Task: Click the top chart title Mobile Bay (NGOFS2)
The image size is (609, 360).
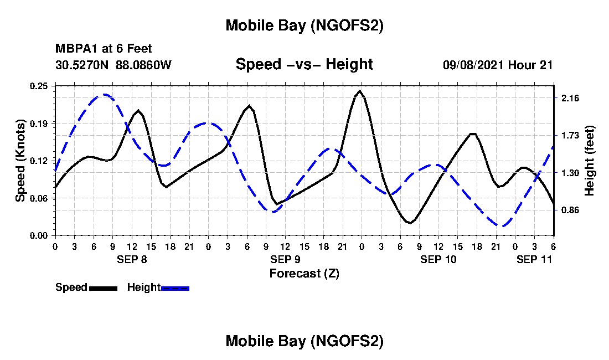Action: pyautogui.click(x=304, y=25)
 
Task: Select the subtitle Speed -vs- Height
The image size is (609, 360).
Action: pyautogui.click(x=304, y=64)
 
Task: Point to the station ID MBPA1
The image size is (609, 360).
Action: pyautogui.click(x=73, y=49)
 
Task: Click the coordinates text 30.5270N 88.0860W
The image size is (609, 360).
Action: pyautogui.click(x=113, y=65)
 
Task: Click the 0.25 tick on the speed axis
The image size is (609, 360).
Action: pyautogui.click(x=40, y=86)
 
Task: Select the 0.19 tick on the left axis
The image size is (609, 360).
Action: pyautogui.click(x=40, y=123)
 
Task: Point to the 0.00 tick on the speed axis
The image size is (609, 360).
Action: pyautogui.click(x=40, y=235)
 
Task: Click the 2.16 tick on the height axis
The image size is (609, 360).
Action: pyautogui.click(x=570, y=98)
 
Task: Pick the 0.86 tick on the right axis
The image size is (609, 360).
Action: pyautogui.click(x=570, y=210)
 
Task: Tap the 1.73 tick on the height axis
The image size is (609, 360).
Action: pyautogui.click(x=570, y=135)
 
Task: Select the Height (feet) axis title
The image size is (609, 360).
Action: pyautogui.click(x=590, y=161)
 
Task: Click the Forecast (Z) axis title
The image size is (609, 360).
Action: pyautogui.click(x=304, y=273)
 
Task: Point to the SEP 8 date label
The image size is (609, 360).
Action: pyautogui.click(x=131, y=259)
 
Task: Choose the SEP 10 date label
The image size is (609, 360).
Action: pyautogui.click(x=438, y=259)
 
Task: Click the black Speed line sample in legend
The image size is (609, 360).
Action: pyautogui.click(x=102, y=288)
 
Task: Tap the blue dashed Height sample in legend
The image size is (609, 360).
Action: pyautogui.click(x=175, y=288)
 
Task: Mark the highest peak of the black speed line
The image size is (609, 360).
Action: pyautogui.click(x=360, y=91)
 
